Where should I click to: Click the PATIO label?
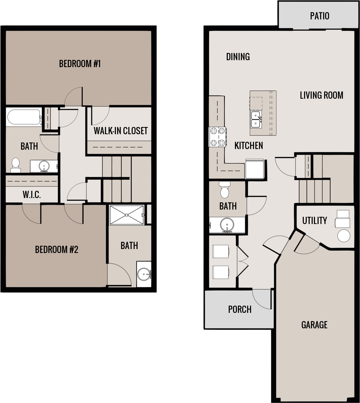320,16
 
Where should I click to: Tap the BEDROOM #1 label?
80,63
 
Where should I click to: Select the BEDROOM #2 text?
57,250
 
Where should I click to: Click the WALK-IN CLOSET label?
120,131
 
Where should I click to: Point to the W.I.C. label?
32,195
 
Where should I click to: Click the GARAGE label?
314,325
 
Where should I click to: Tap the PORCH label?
240,309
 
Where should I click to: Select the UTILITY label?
315,220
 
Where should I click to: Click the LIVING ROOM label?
321,95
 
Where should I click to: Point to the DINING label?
238,57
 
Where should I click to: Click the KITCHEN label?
248,145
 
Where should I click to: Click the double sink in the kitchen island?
256,119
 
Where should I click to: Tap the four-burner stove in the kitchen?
217,137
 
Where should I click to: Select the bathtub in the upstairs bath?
23,117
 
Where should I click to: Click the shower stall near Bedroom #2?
126,215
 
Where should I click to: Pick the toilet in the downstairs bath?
225,190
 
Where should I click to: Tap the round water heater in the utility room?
344,236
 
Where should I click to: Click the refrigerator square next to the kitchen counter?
255,169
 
